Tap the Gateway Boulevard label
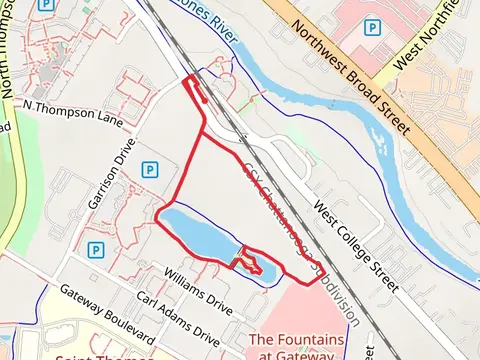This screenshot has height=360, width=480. point(105,315)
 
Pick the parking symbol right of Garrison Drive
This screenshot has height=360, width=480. point(148,170)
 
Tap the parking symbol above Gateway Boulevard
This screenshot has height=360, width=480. point(96,249)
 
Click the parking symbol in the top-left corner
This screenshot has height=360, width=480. point(45,5)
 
